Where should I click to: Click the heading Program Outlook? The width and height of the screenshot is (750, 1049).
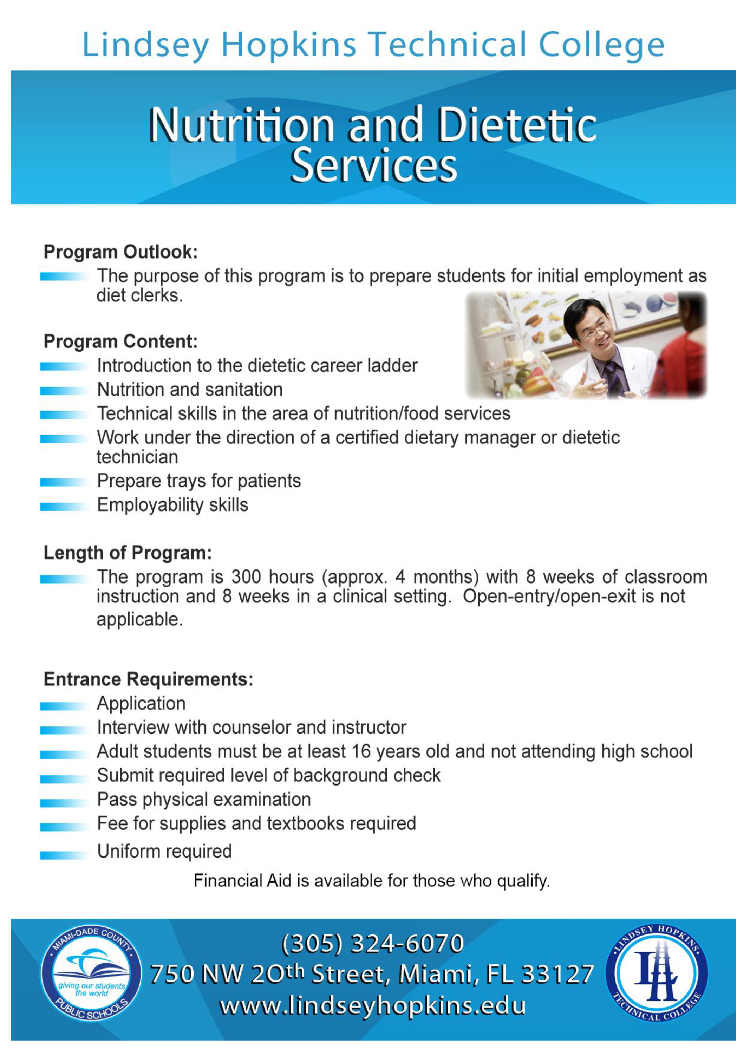tap(120, 252)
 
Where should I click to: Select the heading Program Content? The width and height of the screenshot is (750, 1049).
tap(120, 342)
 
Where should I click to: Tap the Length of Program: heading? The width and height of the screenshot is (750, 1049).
tap(128, 553)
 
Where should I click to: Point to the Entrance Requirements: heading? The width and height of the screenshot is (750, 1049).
tap(148, 679)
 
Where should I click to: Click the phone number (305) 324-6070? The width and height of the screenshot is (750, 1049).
tap(372, 943)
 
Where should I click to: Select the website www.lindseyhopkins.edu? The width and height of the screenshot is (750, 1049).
tap(372, 1006)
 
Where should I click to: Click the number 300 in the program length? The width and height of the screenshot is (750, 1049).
tap(246, 577)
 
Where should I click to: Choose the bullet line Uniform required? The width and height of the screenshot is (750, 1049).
tap(164, 851)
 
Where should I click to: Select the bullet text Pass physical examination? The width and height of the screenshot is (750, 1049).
tap(204, 799)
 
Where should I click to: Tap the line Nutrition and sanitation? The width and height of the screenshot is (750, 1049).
tap(190, 390)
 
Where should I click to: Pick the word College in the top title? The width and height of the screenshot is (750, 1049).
tap(601, 45)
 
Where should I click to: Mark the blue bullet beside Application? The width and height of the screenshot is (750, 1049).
tap(63, 706)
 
